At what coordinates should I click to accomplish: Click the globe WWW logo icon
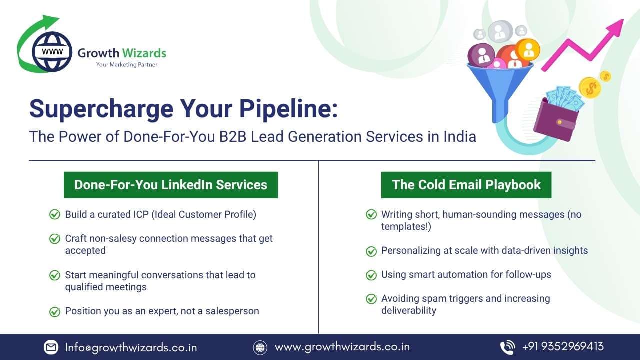[52, 51]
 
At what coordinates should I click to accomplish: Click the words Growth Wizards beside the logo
[122, 53]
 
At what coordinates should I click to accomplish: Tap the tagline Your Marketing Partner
[127, 65]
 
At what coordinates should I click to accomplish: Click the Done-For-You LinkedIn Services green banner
[171, 185]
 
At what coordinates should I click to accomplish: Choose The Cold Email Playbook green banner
[466, 185]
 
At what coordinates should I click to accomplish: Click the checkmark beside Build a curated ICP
[55, 214]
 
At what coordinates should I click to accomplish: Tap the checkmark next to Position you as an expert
[55, 311]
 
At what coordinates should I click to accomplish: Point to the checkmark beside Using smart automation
[371, 275]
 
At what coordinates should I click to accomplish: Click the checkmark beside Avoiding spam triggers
[371, 299]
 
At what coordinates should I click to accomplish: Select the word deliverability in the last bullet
[409, 310]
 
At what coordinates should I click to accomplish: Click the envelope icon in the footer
[51, 347]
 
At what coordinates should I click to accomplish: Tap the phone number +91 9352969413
[563, 346]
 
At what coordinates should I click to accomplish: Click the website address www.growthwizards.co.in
[342, 346]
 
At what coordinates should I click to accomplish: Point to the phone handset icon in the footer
[507, 347]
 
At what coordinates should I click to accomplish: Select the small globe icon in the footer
[260, 347]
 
